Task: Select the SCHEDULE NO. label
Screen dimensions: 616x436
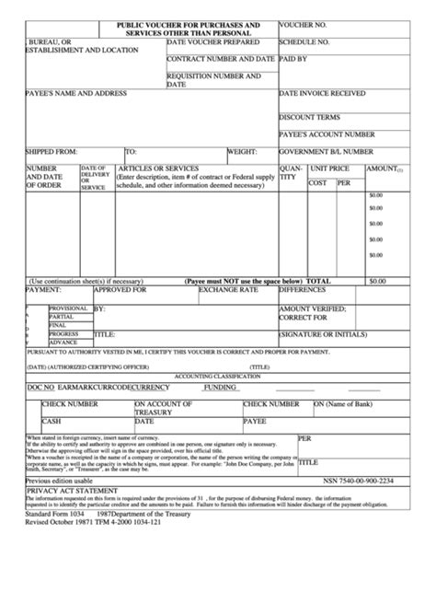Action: pos(305,42)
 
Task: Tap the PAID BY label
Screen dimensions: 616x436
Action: pos(293,58)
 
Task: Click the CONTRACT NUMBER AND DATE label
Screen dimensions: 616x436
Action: pos(221,58)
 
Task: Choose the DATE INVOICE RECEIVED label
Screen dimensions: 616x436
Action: pos(322,93)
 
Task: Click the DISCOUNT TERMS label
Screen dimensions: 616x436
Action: pos(309,117)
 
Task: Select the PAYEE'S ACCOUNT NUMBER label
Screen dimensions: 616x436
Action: pos(327,134)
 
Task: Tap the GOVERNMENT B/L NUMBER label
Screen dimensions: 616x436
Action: pos(326,150)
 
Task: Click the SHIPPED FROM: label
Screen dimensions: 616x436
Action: pos(54,150)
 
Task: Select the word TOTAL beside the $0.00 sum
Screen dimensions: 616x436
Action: pos(318,279)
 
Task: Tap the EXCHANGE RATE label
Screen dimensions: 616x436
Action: pos(224,289)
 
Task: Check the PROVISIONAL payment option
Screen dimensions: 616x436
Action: pos(68,308)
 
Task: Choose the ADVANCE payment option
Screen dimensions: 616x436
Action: pos(63,342)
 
